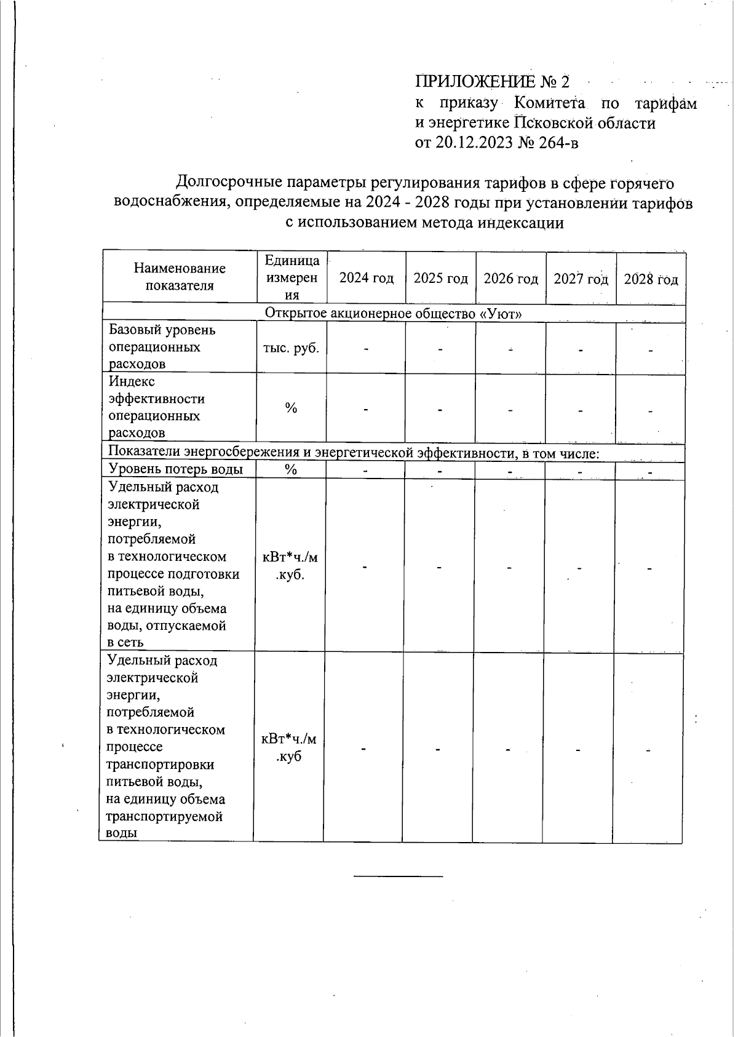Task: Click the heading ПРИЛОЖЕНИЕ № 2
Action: coord(493,82)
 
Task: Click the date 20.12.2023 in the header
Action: coord(472,143)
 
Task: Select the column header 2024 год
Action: coord(367,278)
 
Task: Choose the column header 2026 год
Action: coord(510,279)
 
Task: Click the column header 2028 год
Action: coord(651,279)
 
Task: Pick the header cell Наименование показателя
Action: coord(180,277)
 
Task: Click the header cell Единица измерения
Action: coord(292,277)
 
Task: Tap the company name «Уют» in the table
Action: coord(501,314)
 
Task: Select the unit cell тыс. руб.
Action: coord(292,348)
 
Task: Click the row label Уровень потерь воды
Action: coord(175,469)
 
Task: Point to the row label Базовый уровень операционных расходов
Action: coord(162,347)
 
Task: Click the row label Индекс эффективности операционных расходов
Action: coord(157,407)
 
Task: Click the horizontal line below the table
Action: coord(399,875)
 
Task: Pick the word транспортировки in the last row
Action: coord(161,765)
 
